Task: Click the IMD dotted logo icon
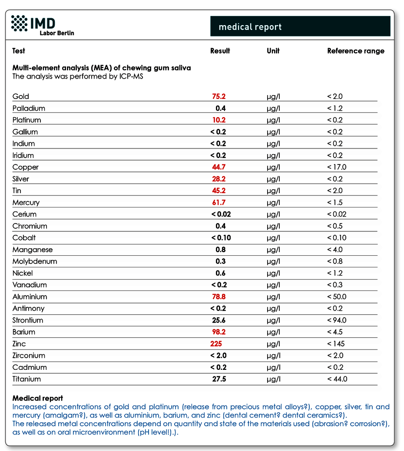[x=19, y=23]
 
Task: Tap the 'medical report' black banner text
[x=250, y=27]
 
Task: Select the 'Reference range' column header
[x=356, y=51]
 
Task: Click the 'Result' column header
[x=220, y=51]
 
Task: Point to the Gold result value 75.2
[x=219, y=96]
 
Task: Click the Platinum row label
[x=27, y=120]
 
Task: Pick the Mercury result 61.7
[x=219, y=202]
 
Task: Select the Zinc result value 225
[x=216, y=344]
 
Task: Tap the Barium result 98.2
[x=219, y=332]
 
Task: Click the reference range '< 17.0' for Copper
[x=337, y=167]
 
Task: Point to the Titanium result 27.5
[x=219, y=379]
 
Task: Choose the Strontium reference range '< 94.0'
[x=337, y=320]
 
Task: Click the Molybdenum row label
[x=35, y=261]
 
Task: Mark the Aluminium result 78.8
[x=219, y=296]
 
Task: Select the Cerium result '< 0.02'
[x=221, y=214]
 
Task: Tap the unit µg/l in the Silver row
[x=273, y=179]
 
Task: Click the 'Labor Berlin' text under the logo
[x=57, y=33]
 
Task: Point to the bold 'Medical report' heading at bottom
[x=38, y=398]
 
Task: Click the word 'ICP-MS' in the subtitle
[x=131, y=76]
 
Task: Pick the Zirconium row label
[x=29, y=356]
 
